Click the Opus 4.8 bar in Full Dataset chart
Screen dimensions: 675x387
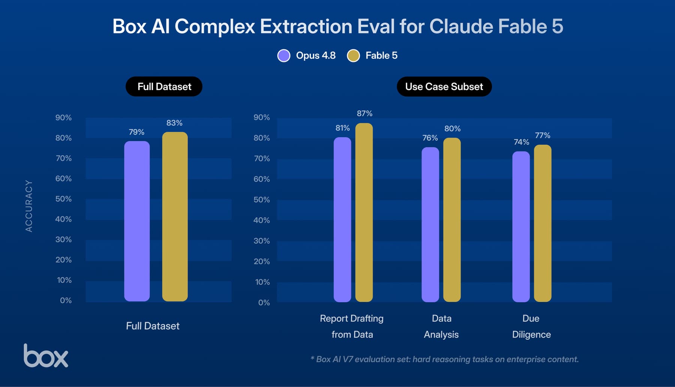point(137,221)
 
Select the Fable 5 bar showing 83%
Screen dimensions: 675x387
point(175,216)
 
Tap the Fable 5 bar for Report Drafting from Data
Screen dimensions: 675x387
point(364,212)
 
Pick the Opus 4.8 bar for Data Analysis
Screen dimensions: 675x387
point(430,225)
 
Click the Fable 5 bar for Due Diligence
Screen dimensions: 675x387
point(543,223)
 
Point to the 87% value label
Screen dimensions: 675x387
point(364,113)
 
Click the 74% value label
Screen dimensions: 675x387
point(521,142)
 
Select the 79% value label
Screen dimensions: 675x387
point(136,132)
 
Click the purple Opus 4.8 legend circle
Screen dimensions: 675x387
point(284,55)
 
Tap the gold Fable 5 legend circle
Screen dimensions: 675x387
point(353,55)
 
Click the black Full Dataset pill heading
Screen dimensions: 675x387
point(164,87)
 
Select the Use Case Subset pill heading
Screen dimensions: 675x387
point(444,87)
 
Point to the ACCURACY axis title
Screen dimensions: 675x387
point(29,206)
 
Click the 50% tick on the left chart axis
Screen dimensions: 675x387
point(63,199)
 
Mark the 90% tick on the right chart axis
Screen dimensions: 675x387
point(262,117)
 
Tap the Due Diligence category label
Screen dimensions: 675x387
point(531,326)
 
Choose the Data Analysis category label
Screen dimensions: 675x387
point(441,326)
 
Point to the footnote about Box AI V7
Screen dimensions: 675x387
point(445,359)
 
